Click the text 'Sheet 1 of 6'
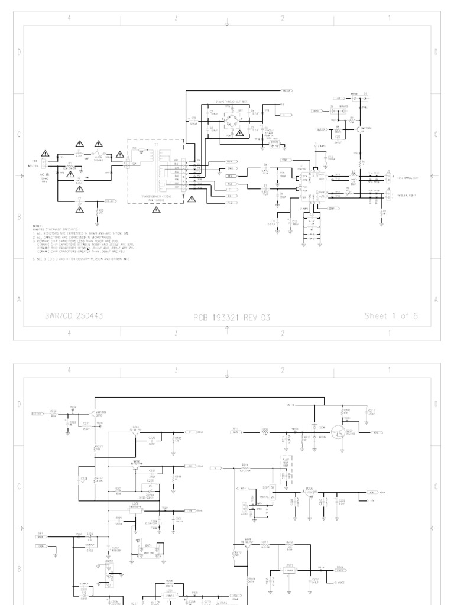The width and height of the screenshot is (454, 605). (x=391, y=316)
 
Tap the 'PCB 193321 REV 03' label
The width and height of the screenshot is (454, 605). (x=231, y=317)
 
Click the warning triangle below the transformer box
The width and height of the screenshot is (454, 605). (x=190, y=200)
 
